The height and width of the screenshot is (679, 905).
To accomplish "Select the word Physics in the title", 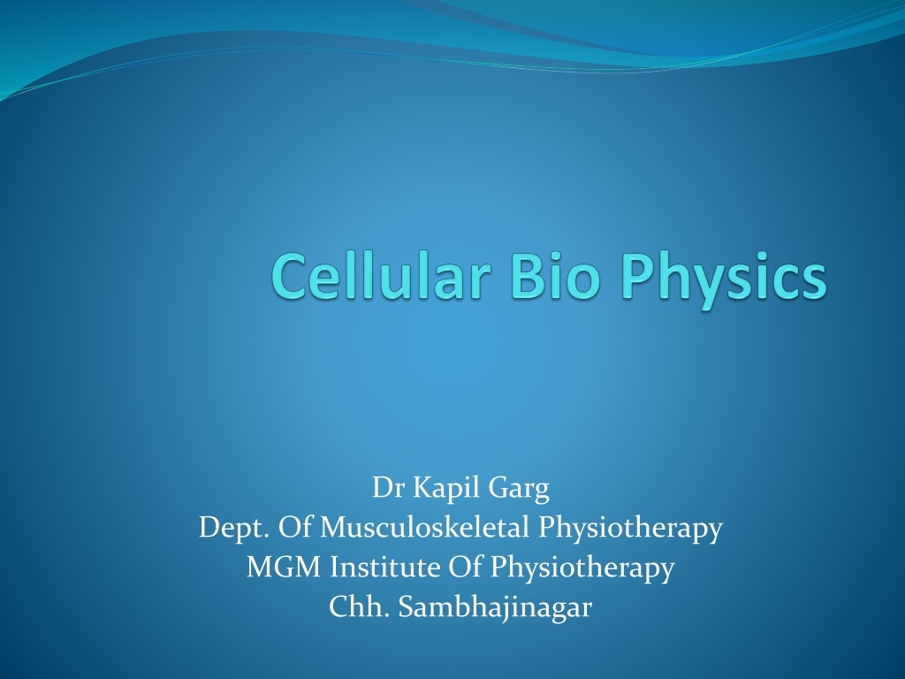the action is [x=724, y=280].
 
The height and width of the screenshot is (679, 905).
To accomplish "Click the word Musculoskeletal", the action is [x=424, y=528].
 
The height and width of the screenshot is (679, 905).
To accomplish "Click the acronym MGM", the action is [x=284, y=568].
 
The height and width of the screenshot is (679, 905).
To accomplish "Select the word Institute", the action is [x=385, y=567].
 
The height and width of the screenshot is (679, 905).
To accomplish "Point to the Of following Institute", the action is [x=465, y=567].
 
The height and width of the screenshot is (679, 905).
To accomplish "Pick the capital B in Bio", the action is [x=528, y=277].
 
